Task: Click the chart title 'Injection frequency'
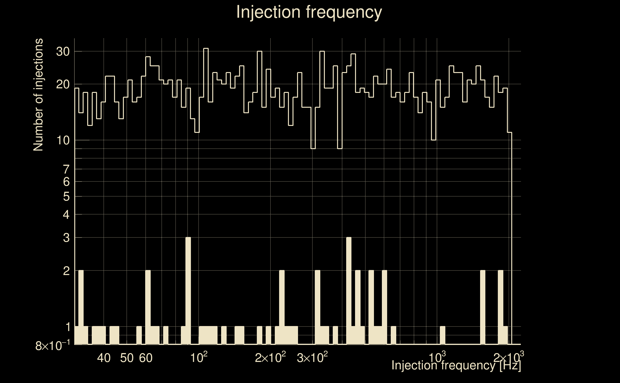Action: tap(309, 12)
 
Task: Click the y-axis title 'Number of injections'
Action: tap(38, 95)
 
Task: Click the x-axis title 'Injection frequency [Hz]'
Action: tap(456, 366)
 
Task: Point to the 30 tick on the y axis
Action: tap(63, 52)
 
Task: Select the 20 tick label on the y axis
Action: tap(63, 84)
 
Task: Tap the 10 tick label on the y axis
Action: tap(63, 140)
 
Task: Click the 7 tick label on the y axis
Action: tap(66, 169)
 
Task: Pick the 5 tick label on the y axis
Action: tap(66, 197)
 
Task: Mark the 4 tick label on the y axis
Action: tap(66, 215)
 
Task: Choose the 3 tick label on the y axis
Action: tap(66, 238)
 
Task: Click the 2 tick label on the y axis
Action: tap(66, 271)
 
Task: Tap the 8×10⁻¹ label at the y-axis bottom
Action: tap(52, 346)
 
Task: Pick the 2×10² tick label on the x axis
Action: tap(270, 358)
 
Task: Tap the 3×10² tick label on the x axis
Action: tap(312, 358)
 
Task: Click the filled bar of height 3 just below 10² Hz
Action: tap(188, 291)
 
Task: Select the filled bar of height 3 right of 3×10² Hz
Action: tap(349, 291)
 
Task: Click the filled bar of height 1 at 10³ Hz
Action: tap(442, 335)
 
